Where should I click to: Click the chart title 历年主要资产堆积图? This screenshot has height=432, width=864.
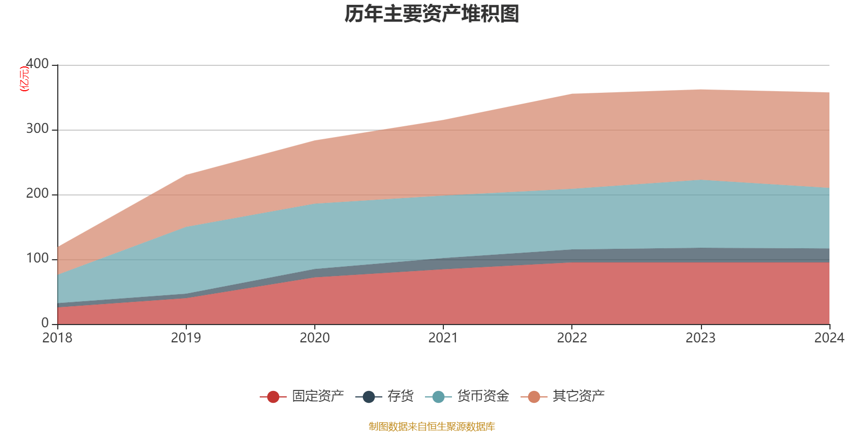click(432, 14)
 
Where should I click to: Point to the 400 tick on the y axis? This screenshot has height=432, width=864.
click(37, 64)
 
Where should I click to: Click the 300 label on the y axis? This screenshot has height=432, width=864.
click(37, 129)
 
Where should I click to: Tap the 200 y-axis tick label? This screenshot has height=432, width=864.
click(37, 194)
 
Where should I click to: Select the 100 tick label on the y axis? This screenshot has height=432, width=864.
click(37, 259)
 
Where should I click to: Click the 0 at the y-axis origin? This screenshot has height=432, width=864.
click(45, 323)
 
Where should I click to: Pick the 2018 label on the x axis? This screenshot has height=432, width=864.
click(57, 338)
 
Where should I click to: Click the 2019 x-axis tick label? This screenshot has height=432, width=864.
click(186, 338)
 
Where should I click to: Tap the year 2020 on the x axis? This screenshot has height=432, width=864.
click(314, 338)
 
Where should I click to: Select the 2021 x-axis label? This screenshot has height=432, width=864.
click(443, 338)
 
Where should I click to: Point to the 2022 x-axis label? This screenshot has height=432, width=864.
click(572, 338)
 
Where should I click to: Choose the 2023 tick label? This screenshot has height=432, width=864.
click(700, 338)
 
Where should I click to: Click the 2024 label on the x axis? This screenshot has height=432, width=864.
click(829, 338)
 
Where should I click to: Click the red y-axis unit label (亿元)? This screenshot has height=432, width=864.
click(24, 79)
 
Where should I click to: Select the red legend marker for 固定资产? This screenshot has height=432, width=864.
click(273, 397)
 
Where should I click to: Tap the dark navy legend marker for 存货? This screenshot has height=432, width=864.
click(369, 397)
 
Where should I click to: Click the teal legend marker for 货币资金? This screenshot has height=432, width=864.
click(438, 397)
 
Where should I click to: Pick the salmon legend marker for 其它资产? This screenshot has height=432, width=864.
click(534, 397)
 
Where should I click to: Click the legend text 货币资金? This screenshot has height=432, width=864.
click(483, 396)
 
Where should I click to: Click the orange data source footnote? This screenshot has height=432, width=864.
click(431, 427)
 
